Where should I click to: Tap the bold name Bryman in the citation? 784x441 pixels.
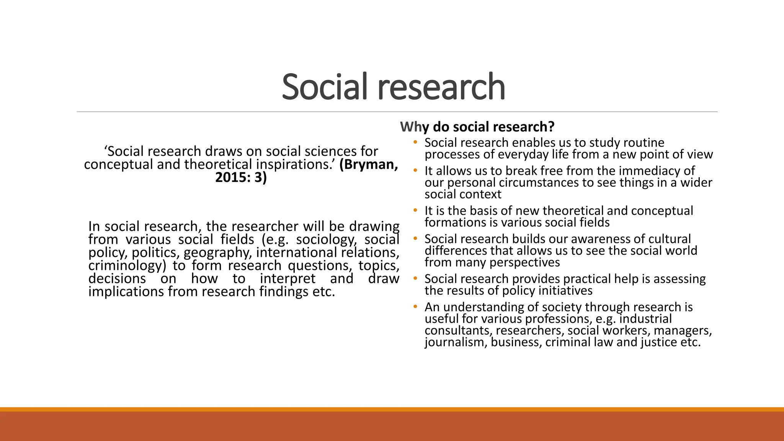coord(368,164)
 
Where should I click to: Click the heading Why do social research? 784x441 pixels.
coord(477,127)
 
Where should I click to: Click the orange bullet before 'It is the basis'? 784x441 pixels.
coord(415,211)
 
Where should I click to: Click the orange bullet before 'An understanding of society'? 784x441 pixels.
coord(415,307)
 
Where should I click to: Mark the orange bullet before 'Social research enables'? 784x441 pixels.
coord(415,143)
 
